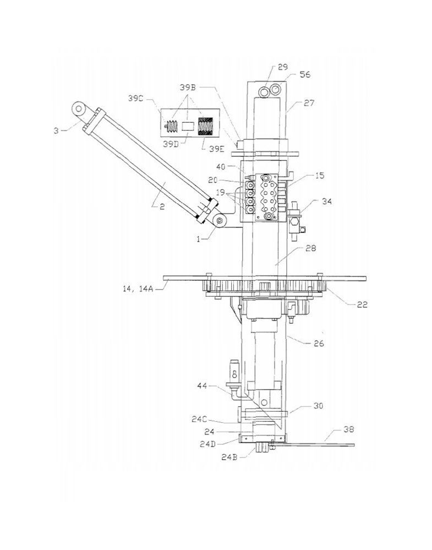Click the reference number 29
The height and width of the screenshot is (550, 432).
(283, 67)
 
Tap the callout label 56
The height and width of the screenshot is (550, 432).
(305, 74)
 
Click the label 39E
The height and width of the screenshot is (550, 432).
(217, 149)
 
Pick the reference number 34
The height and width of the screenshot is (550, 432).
(326, 202)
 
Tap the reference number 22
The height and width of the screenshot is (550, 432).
(362, 304)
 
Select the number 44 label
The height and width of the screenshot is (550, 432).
(203, 386)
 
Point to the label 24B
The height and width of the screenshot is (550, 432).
(229, 458)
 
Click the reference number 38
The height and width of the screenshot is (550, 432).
(348, 429)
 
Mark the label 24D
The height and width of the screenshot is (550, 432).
(207, 444)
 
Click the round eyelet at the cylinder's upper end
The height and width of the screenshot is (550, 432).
(80, 108)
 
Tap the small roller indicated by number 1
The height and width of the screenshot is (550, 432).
(220, 221)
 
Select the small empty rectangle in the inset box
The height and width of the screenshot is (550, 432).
(188, 126)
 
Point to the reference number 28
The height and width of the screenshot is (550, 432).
(311, 248)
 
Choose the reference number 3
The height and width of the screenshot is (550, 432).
(56, 131)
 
